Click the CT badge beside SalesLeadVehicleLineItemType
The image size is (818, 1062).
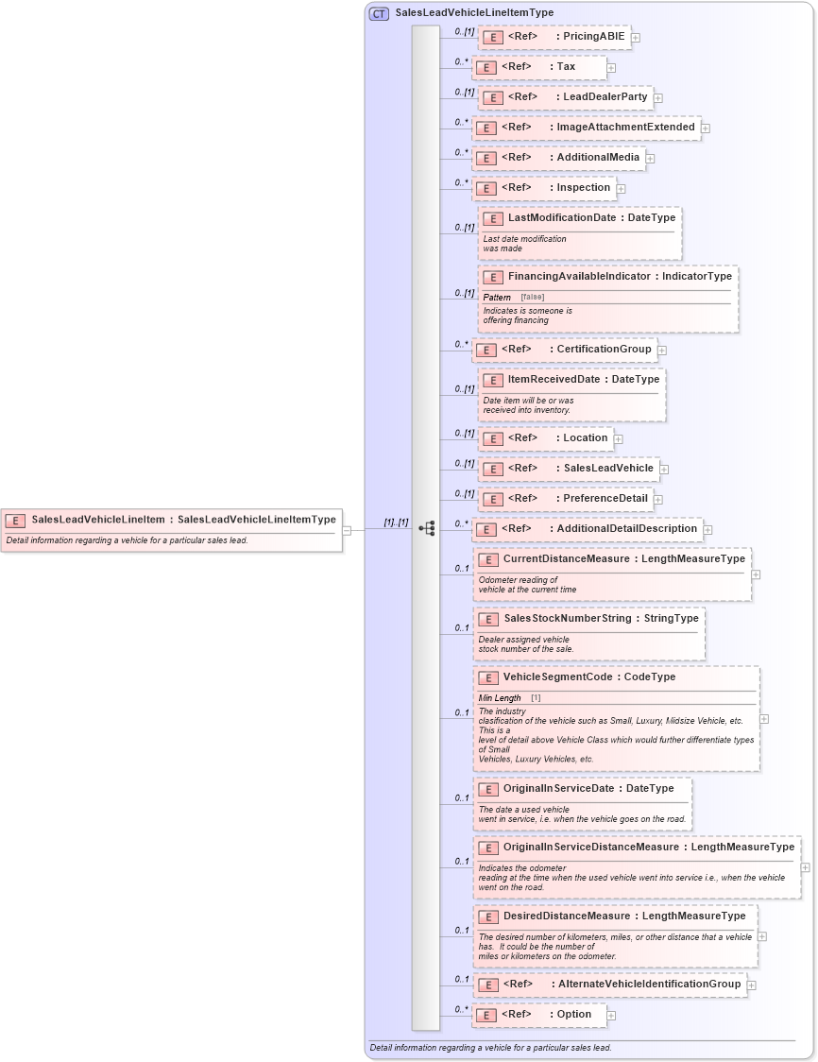(379, 13)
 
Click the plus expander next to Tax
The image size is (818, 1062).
(612, 68)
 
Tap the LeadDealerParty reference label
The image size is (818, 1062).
(605, 97)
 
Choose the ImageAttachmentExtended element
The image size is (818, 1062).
(586, 128)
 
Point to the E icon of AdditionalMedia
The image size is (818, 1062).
(486, 158)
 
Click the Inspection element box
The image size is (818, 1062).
(544, 188)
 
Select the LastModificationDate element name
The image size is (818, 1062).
(561, 218)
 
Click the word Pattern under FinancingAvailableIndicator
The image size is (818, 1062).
(497, 298)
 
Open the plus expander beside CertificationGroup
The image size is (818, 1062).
(662, 351)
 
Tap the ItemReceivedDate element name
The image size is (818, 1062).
(554, 380)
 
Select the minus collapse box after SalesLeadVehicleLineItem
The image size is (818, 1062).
(347, 530)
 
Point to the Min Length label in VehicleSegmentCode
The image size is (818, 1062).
(500, 698)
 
